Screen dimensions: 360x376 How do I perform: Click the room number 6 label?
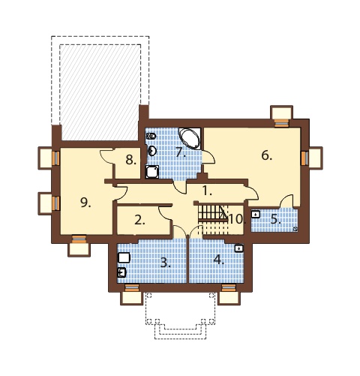tap(266, 155)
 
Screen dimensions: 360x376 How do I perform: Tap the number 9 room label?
tap(85, 203)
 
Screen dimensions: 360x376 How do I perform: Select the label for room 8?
tap(131, 160)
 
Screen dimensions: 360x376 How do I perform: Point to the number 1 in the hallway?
tap(207, 191)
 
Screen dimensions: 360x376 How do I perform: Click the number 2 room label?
tap(139, 221)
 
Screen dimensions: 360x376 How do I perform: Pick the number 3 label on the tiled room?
tap(165, 263)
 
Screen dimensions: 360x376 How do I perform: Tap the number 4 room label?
tap(219, 260)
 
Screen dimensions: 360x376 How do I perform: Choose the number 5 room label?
tap(276, 220)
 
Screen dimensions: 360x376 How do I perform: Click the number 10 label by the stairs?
tap(236, 219)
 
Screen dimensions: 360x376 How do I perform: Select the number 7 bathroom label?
tap(181, 152)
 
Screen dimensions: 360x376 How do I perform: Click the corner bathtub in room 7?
tap(190, 138)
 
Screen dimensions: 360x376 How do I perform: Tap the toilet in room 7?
tap(151, 136)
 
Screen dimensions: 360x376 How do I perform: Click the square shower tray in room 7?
tap(152, 172)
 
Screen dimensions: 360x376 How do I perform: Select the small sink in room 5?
tap(255, 214)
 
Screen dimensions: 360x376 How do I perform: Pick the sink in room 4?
tap(239, 248)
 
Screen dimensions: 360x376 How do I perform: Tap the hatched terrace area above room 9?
tap(100, 92)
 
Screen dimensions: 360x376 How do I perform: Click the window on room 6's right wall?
tap(304, 158)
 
